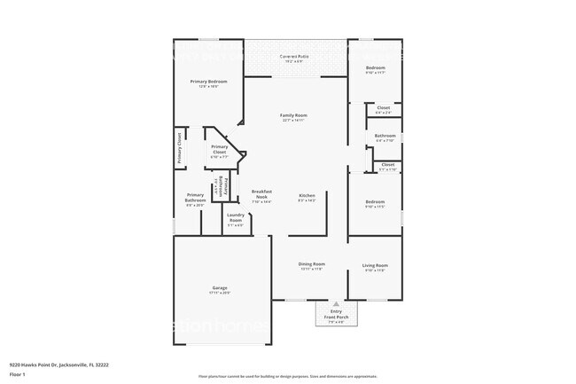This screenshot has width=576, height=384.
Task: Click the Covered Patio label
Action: (x=293, y=56)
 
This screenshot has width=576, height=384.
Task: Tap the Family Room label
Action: (x=292, y=116)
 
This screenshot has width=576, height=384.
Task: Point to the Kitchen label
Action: (x=307, y=195)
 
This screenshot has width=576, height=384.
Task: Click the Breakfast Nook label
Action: (x=261, y=193)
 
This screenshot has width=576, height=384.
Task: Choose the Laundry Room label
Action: (x=235, y=217)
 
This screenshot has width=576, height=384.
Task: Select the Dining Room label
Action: (x=311, y=264)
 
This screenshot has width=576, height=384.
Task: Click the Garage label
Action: (x=220, y=288)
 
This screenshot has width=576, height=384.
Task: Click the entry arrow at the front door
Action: (x=336, y=303)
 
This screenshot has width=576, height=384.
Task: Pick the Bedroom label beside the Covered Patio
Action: (x=376, y=67)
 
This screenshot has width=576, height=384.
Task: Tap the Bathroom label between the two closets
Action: (x=385, y=136)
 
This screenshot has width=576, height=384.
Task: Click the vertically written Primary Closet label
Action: (x=179, y=148)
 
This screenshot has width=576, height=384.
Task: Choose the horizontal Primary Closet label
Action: (x=219, y=150)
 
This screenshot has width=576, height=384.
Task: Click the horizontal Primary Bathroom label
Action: (x=195, y=198)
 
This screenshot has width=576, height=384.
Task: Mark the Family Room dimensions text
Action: (x=292, y=121)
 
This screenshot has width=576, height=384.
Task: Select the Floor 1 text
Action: (x=18, y=373)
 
